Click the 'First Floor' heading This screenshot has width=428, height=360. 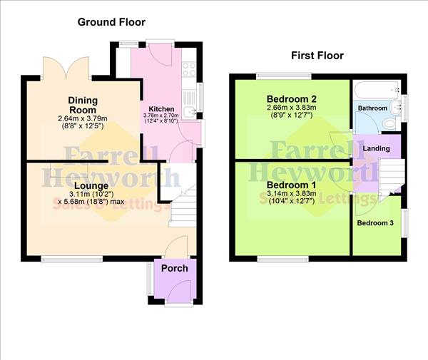point(317,56)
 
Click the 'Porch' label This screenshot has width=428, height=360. point(175,268)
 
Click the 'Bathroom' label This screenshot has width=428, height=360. point(372,108)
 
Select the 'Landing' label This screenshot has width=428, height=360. point(376,148)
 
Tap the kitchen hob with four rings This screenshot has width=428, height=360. point(190,69)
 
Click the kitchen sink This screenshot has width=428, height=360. point(190,112)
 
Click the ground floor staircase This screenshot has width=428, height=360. point(182,203)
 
